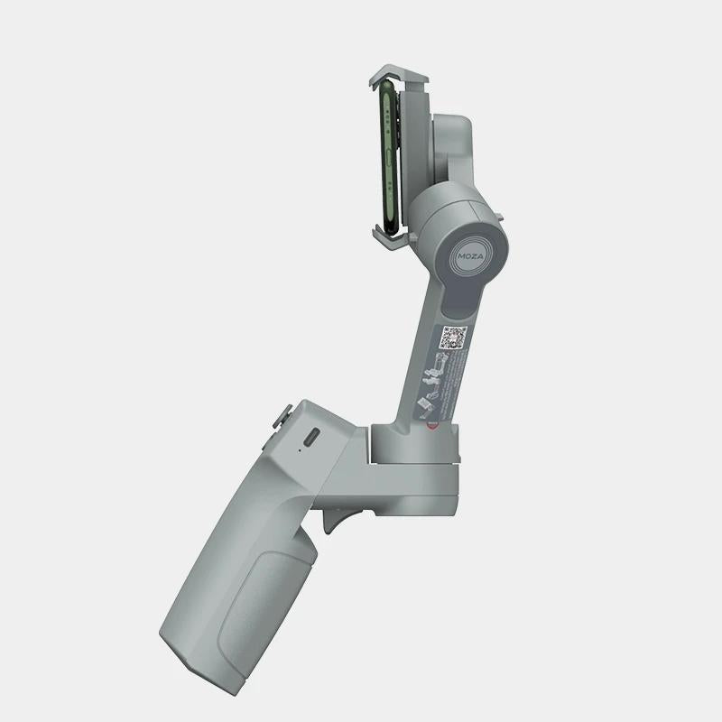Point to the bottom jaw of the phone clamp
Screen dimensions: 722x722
tap(390, 238)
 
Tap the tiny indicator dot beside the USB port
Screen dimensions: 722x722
tap(294, 446)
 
